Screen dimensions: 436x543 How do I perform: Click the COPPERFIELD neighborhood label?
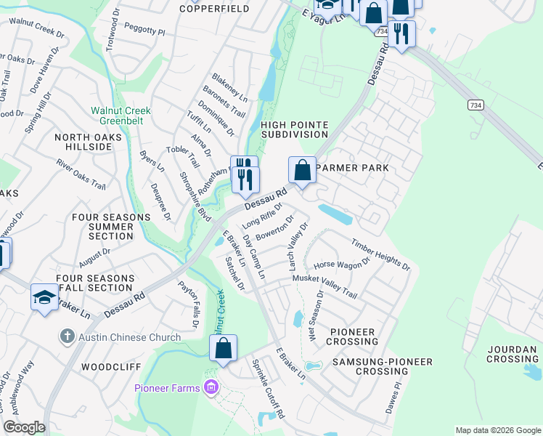pos(214,9)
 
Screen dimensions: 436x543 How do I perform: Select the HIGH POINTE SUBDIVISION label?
pos(294,129)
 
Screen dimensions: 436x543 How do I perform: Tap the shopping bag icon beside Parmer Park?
pos(303,171)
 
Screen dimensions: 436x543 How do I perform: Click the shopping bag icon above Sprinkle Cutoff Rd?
pos(224,348)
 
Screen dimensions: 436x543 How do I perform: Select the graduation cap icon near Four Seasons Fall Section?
pos(44,297)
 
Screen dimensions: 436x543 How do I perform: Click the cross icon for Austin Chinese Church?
pos(67,336)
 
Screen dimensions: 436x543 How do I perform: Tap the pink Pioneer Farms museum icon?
pos(211,387)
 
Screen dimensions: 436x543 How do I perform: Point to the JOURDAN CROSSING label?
pos(513,353)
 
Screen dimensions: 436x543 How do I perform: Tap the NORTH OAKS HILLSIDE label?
pos(83,141)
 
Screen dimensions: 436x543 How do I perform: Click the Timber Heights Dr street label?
pos(380,254)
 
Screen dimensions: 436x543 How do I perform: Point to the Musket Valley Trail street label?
pos(324,286)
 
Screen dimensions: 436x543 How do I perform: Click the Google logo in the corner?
pos(24,427)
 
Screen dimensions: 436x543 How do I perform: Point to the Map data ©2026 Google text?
pos(497,430)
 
